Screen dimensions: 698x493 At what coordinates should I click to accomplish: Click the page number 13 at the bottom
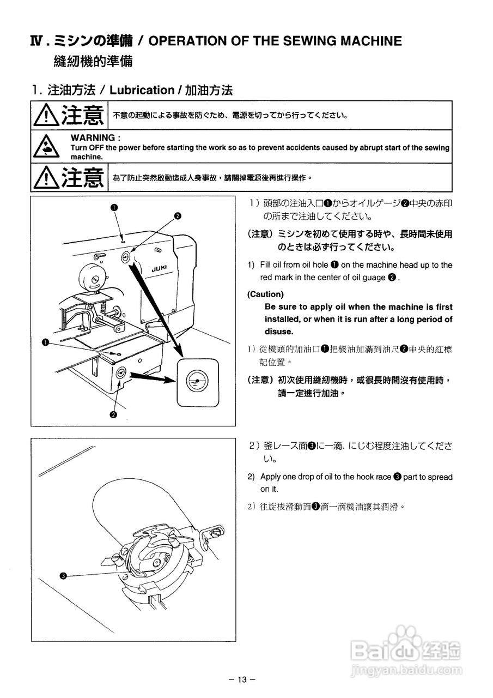242,679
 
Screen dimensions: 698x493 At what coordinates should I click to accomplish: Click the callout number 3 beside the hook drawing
63,576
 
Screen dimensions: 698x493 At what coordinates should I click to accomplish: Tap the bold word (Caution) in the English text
266,294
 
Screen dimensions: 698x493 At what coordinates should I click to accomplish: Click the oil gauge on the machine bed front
120,374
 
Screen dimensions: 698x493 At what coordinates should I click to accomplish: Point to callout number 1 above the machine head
114,207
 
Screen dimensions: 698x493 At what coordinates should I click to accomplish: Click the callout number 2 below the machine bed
113,414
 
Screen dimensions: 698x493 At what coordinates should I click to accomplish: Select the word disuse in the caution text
279,332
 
